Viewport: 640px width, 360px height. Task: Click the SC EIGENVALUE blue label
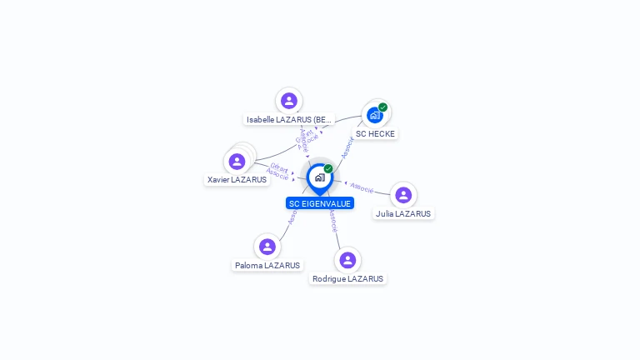(x=320, y=203)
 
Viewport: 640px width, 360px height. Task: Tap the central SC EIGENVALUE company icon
(x=319, y=177)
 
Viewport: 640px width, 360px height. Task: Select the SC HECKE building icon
(x=375, y=115)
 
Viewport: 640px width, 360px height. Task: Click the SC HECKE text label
(x=375, y=133)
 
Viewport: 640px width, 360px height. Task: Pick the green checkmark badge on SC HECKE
(x=382, y=107)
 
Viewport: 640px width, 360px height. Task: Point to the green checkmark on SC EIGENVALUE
(x=328, y=168)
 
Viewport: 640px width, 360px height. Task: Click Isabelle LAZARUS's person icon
(x=289, y=101)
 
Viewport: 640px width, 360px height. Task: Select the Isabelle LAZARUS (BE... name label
(x=289, y=120)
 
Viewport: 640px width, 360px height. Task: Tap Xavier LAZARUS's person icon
(x=237, y=161)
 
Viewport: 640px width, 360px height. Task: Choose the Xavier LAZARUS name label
(x=237, y=180)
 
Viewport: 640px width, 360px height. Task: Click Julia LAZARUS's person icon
(x=403, y=195)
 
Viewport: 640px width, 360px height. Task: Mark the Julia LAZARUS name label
(x=403, y=214)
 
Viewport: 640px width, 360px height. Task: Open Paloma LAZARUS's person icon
(x=267, y=247)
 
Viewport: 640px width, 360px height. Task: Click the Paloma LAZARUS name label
(x=267, y=266)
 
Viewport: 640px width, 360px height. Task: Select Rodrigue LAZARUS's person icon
(x=347, y=260)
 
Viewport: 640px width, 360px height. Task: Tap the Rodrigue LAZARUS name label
(x=347, y=279)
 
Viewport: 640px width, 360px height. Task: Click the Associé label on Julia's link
(x=362, y=187)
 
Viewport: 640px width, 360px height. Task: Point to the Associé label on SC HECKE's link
(x=348, y=147)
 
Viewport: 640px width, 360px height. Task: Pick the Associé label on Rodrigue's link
(x=332, y=221)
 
